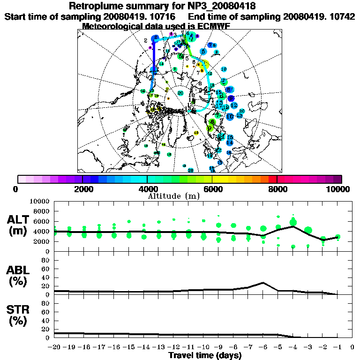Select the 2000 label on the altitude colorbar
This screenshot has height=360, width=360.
click(82, 189)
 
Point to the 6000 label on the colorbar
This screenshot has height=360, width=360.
click(212, 189)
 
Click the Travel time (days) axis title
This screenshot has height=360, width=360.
click(205, 355)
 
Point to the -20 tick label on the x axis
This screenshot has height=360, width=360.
click(55, 347)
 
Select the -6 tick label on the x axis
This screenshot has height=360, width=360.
click(263, 347)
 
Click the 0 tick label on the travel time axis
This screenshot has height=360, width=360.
click(352, 347)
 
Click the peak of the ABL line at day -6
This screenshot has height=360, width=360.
click(263, 283)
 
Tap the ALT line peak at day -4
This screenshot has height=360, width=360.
click(293, 226)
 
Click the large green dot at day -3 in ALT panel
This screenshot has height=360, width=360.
click(308, 230)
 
